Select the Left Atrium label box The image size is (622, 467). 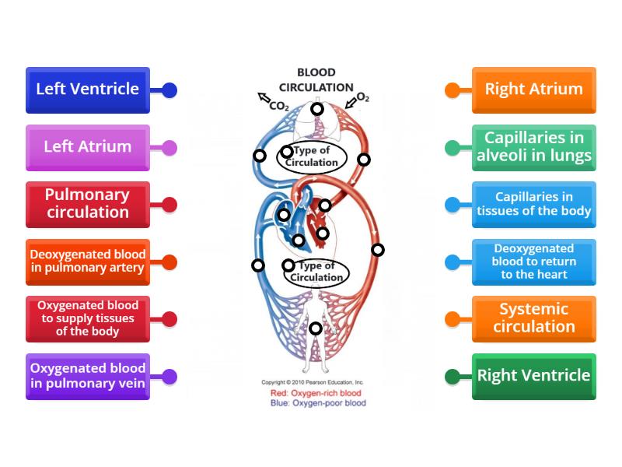[x=87, y=147]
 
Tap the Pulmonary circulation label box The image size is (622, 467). [x=87, y=204]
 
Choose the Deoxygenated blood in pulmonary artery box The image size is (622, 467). [x=87, y=262]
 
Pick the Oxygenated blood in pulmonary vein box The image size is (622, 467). [x=87, y=376]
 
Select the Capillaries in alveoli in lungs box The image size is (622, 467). [x=533, y=147]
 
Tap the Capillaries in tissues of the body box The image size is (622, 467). [x=533, y=204]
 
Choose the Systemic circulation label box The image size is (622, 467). [x=533, y=318]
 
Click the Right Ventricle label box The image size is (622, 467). [x=533, y=376]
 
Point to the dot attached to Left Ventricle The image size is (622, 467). [x=169, y=90]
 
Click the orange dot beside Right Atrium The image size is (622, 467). [x=452, y=90]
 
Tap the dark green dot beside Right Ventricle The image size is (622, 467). [x=452, y=377]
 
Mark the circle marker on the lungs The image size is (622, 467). [x=317, y=109]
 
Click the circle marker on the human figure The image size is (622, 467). [x=315, y=328]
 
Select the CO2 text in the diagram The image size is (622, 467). [x=278, y=106]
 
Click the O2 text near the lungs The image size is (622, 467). [x=362, y=99]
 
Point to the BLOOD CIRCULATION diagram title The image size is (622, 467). [x=316, y=80]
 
